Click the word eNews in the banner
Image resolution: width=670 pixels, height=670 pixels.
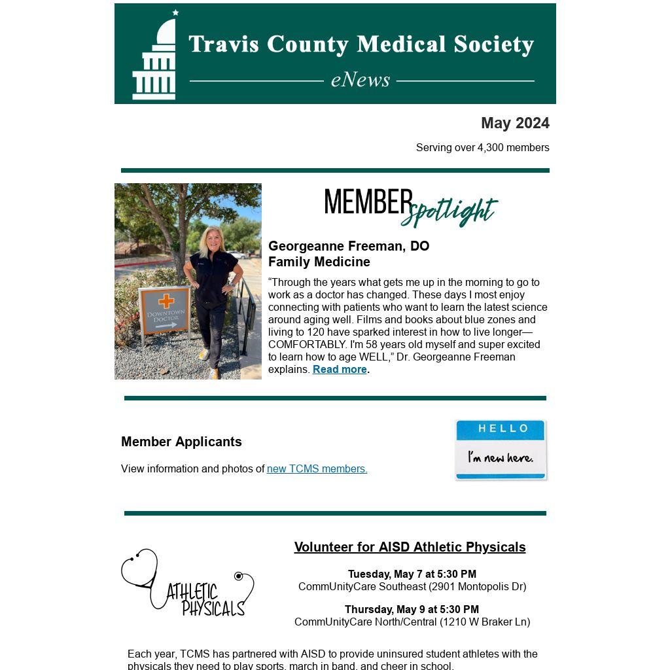[361, 80]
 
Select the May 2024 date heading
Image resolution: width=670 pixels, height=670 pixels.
[515, 123]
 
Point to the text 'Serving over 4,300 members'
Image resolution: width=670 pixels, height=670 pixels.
[482, 148]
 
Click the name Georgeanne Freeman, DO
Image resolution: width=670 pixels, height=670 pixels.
[349, 246]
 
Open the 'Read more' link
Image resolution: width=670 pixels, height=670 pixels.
[340, 370]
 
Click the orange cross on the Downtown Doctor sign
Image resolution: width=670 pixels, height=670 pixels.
[166, 301]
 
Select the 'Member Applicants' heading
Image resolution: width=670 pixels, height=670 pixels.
[181, 442]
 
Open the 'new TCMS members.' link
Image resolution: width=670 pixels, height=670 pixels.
[317, 469]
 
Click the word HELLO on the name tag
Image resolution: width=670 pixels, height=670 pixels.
[503, 429]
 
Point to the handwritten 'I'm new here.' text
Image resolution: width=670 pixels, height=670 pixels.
[500, 457]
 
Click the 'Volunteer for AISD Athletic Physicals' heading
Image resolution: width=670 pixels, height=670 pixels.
[410, 547]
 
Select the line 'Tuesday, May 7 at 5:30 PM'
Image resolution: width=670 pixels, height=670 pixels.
[412, 574]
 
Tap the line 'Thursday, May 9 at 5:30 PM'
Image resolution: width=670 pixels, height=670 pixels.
[412, 610]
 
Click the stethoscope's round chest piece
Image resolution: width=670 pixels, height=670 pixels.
[239, 576]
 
